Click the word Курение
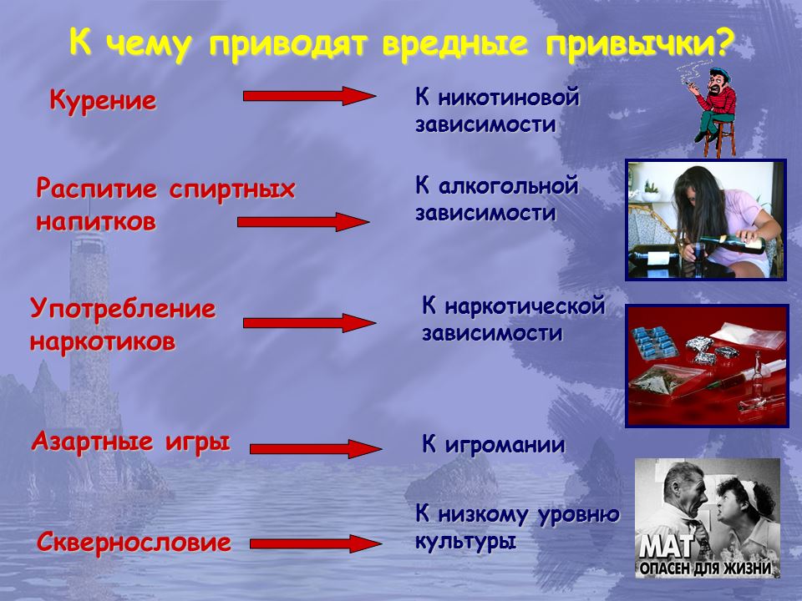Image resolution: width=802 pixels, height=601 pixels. (x=103, y=101)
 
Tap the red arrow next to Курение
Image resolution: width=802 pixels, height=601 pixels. (x=309, y=96)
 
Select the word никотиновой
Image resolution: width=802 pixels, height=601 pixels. (x=509, y=97)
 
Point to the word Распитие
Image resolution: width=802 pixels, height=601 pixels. (x=97, y=190)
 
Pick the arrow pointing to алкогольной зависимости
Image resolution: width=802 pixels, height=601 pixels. (x=303, y=222)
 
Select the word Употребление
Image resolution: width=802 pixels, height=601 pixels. (x=123, y=310)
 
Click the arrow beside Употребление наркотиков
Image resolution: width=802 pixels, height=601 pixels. (x=309, y=323)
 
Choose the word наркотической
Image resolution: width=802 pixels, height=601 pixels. (x=525, y=306)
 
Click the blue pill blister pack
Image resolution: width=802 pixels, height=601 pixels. (x=655, y=343)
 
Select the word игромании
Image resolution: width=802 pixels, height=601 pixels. (x=505, y=446)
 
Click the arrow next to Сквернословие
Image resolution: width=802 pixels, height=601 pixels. (x=316, y=543)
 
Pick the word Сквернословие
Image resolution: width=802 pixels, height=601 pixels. (x=134, y=543)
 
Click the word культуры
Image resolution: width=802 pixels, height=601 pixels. (x=465, y=542)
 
